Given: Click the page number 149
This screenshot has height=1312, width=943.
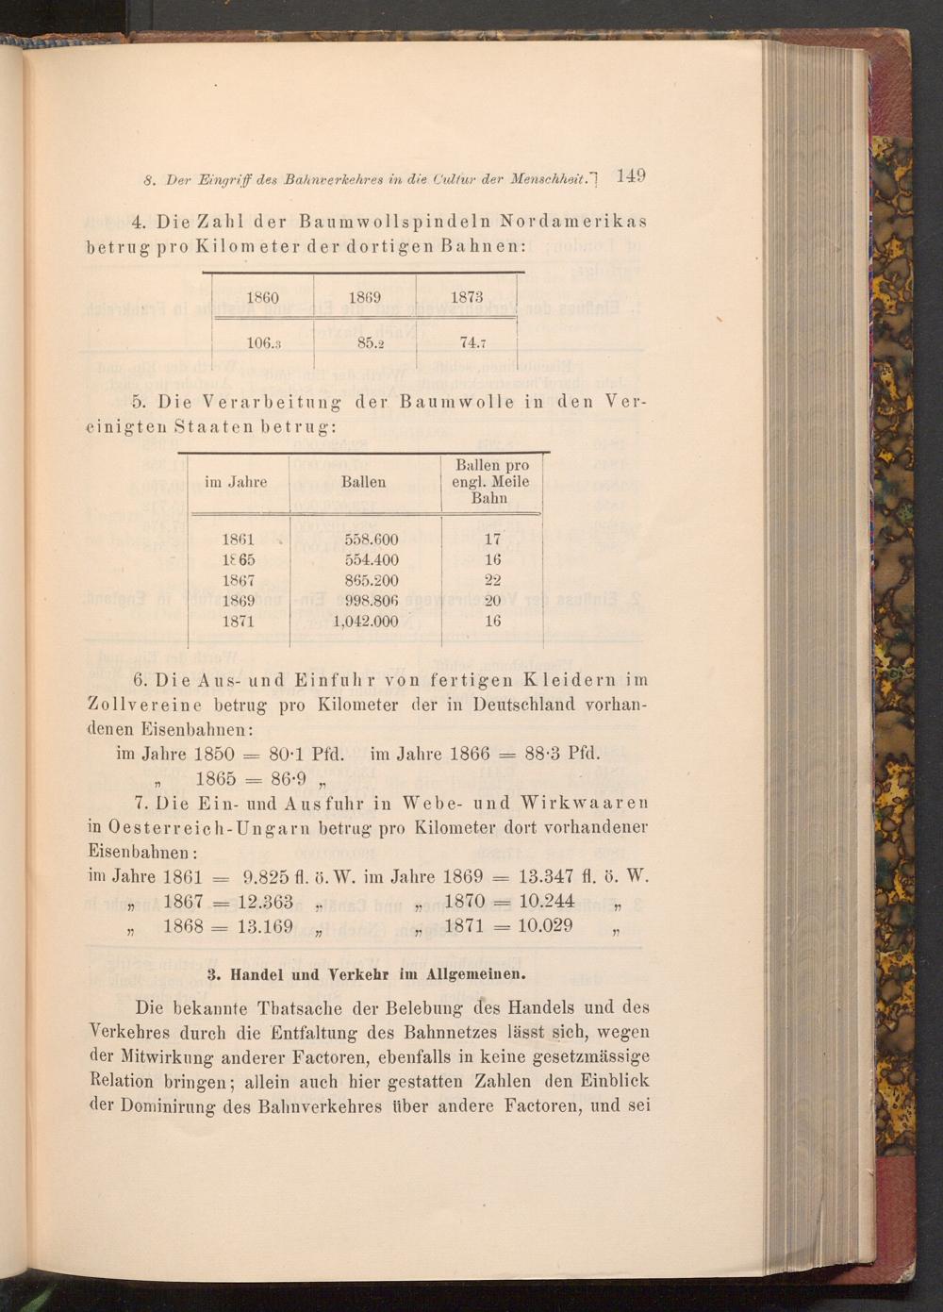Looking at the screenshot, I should (629, 175).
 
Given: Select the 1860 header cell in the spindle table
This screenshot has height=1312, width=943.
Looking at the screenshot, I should (263, 297).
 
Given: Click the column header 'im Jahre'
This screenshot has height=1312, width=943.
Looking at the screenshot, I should (236, 482).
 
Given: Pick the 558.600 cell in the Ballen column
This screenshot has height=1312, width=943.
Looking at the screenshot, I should (372, 540).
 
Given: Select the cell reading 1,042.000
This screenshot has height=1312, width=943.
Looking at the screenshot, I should (366, 622).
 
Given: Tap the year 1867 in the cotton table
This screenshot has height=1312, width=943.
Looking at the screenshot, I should (238, 580).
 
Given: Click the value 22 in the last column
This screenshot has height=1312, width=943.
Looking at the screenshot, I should (492, 580).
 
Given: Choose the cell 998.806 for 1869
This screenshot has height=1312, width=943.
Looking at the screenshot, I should (372, 601).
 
